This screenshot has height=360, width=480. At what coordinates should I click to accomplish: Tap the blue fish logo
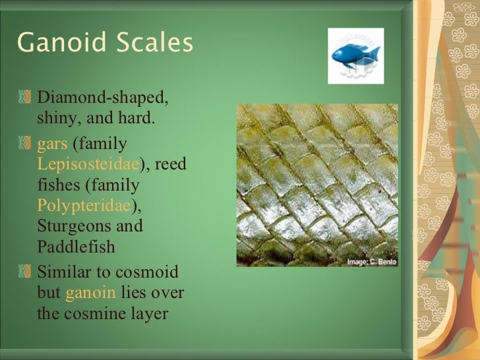pos(356,55)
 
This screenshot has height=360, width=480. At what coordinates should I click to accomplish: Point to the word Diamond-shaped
pos(104,98)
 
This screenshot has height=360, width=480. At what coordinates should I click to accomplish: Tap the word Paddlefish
pos(76,247)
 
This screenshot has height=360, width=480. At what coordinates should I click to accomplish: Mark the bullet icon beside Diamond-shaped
pos(24,98)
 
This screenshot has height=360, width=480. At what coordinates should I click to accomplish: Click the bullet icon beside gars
pos(24,143)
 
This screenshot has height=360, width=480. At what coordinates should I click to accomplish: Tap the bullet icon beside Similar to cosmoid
pos(24,272)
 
